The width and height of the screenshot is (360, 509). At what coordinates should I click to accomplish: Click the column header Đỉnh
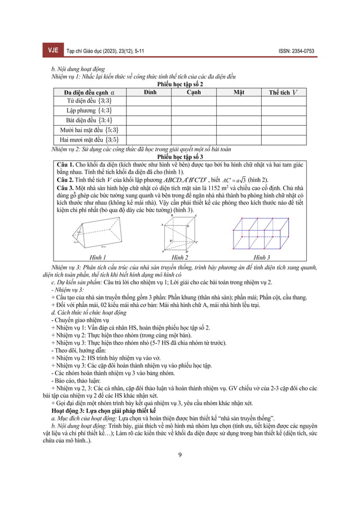150,91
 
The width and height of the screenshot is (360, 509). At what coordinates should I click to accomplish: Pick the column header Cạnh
194,91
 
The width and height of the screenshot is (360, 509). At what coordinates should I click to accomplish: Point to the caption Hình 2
179,256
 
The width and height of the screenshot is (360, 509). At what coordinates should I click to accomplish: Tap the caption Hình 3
261,256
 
